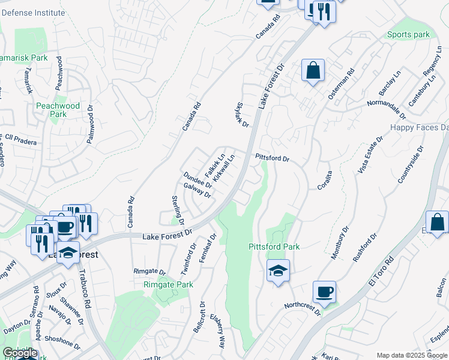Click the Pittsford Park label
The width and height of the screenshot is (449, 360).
[274, 247]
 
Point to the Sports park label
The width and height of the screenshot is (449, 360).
[408, 35]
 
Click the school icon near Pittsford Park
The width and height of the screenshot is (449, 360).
[279, 271]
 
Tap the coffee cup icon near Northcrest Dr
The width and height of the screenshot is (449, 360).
[324, 292]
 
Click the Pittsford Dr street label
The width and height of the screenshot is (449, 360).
[273, 158]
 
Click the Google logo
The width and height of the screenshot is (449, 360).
[20, 353]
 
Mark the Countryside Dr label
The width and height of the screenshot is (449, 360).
[411, 164]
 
